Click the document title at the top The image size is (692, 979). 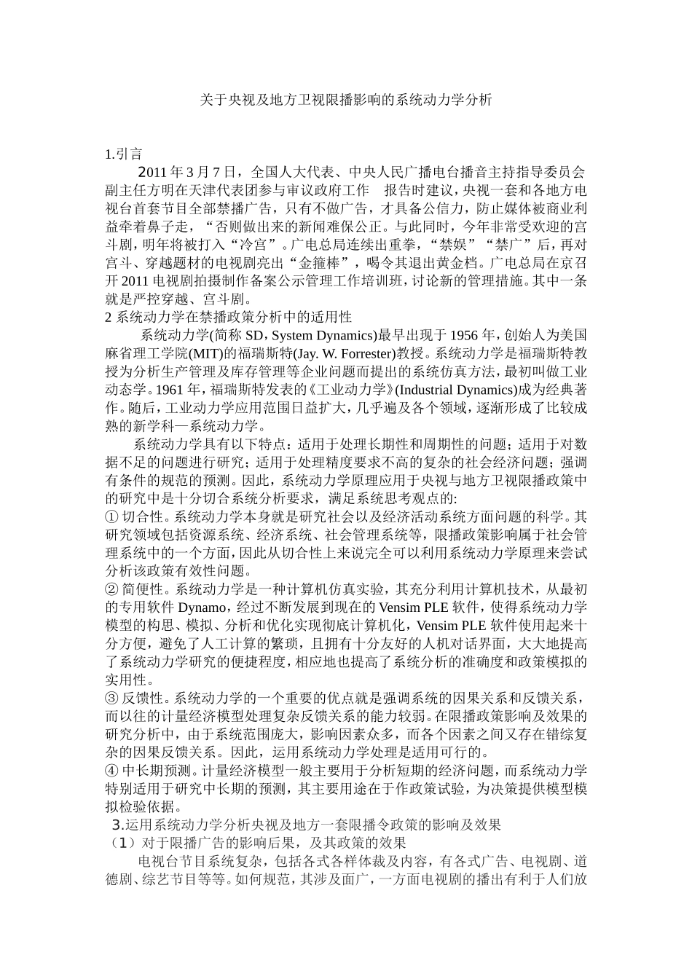coord(346,100)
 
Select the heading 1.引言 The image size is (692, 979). coord(123,154)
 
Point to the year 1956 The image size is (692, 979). coord(463,336)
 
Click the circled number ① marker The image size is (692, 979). coord(111,517)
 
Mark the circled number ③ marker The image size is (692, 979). coord(111,698)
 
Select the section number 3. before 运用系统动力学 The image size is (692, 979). coord(118,825)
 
